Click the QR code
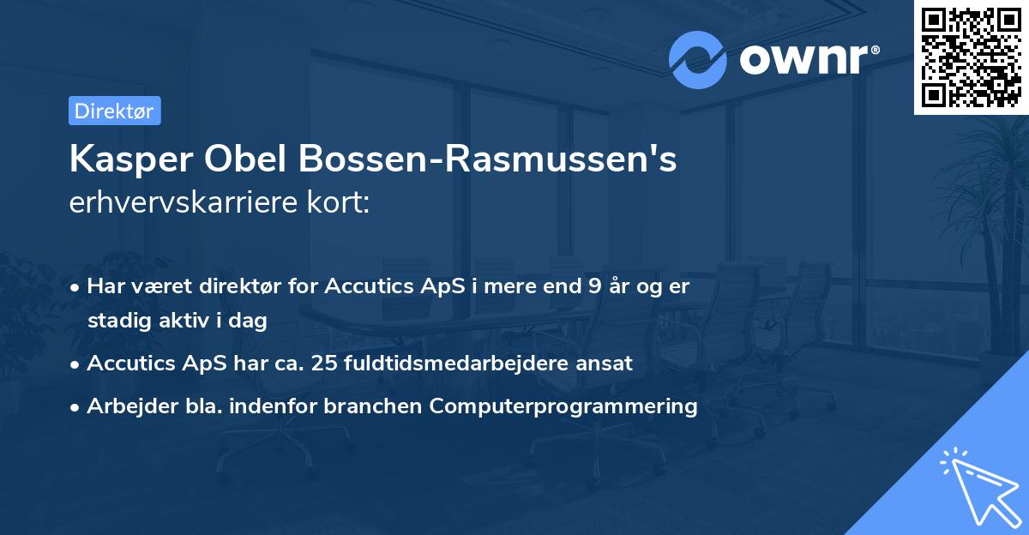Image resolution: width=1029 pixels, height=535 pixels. [x=971, y=57]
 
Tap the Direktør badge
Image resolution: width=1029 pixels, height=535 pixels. [x=114, y=111]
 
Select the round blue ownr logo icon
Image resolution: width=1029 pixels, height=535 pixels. [x=698, y=60]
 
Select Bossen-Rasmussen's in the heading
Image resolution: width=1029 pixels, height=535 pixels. [x=490, y=160]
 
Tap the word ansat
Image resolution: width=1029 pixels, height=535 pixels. [x=605, y=364]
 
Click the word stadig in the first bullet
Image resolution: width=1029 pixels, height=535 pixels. [x=114, y=322]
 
